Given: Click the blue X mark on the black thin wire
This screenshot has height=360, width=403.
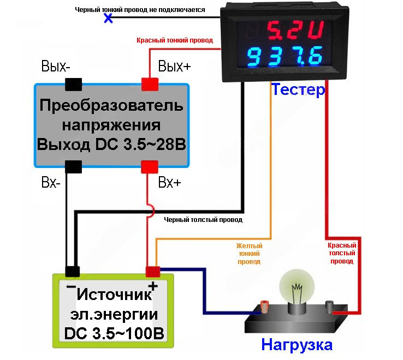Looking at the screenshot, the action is [108, 18].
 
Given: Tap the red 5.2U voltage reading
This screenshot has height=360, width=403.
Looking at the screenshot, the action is [295, 30].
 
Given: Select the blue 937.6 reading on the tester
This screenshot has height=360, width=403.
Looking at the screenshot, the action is [285, 57].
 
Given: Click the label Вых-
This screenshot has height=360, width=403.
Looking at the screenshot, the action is [56, 66].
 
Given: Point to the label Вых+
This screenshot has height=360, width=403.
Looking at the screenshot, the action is [175, 66].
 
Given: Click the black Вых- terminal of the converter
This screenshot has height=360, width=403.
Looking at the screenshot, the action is [74, 85].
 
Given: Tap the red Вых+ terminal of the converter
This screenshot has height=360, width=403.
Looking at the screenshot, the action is [150, 85].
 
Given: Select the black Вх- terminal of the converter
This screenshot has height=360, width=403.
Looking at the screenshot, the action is [74, 167].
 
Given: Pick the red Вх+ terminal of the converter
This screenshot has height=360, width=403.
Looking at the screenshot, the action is [150, 167].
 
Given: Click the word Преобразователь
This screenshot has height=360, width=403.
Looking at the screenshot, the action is [111, 105].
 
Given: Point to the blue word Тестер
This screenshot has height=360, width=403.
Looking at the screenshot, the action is [298, 89].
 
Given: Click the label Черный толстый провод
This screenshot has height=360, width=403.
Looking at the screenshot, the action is [203, 220].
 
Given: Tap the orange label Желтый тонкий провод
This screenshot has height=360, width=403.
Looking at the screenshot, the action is [249, 254].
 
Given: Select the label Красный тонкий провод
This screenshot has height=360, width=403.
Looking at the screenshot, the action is [175, 40].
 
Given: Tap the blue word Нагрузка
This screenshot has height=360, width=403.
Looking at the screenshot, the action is [297, 345].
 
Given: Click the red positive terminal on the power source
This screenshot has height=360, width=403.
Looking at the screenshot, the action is [153, 272].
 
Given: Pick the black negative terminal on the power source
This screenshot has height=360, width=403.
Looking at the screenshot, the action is [73, 272].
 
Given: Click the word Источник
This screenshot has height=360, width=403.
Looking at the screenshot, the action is [114, 295].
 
